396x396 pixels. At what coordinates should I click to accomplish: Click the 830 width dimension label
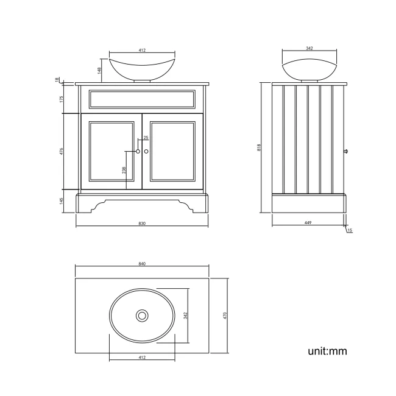(142, 224)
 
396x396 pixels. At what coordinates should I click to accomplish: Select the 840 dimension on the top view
(142, 264)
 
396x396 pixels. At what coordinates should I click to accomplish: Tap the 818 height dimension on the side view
(258, 147)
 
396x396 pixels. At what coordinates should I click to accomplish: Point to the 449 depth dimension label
(309, 224)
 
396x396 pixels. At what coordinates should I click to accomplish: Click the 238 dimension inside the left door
(124, 171)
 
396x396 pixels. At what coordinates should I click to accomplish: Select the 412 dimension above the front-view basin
(142, 51)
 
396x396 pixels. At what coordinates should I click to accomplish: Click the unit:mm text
(327, 352)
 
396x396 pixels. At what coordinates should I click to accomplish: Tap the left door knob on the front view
(138, 151)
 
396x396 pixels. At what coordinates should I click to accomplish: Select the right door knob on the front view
(146, 151)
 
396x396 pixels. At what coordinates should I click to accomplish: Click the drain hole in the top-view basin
(142, 315)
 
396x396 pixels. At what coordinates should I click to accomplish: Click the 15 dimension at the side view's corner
(350, 230)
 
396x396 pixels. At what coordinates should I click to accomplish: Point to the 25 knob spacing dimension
(146, 138)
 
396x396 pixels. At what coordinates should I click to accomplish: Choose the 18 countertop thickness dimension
(57, 80)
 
